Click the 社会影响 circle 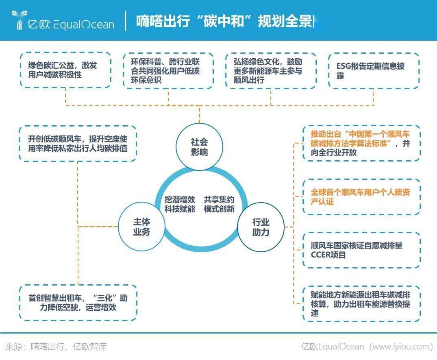point(199,147)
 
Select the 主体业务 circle point(141,227)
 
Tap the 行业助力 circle point(261,227)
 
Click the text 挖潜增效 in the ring point(180,199)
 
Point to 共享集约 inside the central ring point(219,199)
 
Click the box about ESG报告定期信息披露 point(373,70)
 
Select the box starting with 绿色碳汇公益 point(65,70)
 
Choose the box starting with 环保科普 point(168,70)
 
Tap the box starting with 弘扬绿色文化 point(271,70)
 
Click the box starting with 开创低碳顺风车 point(78,143)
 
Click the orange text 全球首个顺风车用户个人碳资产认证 point(361,196)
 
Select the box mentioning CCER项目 point(361,250)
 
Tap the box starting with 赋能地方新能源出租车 point(361,303)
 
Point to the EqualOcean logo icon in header point(18,20)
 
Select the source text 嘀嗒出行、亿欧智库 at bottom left point(69,347)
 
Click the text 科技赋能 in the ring point(180,209)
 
